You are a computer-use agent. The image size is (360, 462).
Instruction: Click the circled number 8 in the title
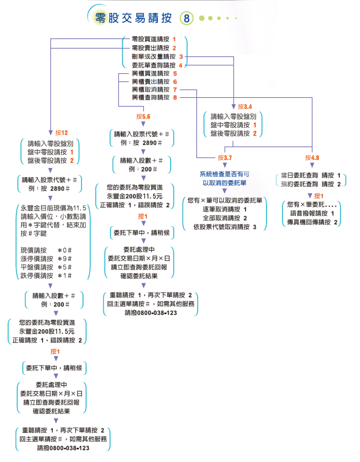click(x=186, y=18)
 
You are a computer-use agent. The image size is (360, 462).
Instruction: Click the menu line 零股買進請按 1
click(x=154, y=39)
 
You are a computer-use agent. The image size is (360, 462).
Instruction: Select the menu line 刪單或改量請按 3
click(x=157, y=57)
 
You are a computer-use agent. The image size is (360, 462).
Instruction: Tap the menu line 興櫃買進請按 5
click(x=154, y=74)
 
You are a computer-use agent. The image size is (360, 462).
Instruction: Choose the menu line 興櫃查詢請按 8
click(x=154, y=98)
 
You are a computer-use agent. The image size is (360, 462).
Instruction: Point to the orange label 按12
click(x=61, y=133)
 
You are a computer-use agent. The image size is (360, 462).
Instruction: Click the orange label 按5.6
click(x=143, y=117)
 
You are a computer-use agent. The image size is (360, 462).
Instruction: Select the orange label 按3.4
click(x=245, y=107)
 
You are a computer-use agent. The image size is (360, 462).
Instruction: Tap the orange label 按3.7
click(x=225, y=158)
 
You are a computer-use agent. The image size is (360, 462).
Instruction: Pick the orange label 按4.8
click(x=312, y=158)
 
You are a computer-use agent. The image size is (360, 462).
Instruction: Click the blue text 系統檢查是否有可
click(x=224, y=174)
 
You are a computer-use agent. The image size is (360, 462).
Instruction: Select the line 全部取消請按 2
click(x=225, y=218)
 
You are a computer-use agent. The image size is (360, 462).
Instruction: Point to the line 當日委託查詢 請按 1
click(x=311, y=175)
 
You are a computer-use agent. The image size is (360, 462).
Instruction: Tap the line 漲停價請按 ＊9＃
click(x=46, y=259)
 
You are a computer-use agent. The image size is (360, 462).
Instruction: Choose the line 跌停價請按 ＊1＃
click(x=46, y=276)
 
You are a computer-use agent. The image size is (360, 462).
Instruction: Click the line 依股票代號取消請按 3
click(x=225, y=227)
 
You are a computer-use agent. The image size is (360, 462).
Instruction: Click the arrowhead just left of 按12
click(x=51, y=133)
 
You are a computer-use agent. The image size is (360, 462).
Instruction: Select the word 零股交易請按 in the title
click(x=133, y=18)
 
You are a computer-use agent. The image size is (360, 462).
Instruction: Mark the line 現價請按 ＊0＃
click(x=46, y=250)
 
